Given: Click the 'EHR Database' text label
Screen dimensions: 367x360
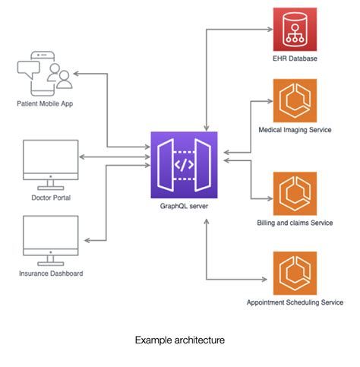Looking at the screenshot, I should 294,59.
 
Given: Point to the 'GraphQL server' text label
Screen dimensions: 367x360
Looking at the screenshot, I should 183,206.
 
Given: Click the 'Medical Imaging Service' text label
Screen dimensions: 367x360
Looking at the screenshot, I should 294,130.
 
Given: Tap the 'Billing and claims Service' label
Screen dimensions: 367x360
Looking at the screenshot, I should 294,222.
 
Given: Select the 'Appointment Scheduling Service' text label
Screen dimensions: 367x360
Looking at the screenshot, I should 295,302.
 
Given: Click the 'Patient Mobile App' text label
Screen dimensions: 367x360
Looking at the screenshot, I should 50,102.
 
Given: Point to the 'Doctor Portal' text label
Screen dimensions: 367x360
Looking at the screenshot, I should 50,197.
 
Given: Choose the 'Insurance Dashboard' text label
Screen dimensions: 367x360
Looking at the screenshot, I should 50,273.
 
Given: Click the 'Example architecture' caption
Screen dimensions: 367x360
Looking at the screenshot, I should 179,340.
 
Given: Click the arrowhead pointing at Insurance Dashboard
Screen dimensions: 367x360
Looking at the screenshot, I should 87,240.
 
